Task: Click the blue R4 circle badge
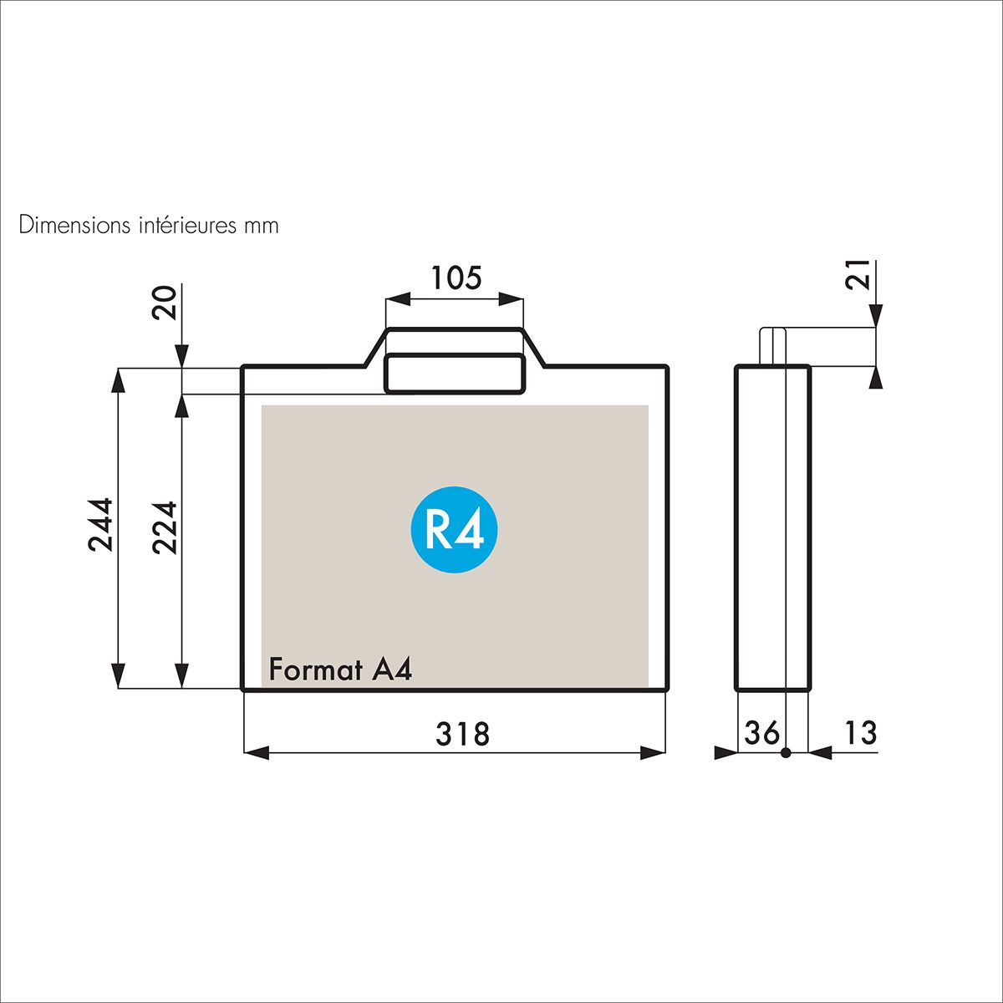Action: click(x=454, y=529)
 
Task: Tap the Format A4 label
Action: click(x=340, y=670)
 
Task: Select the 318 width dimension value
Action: click(x=463, y=734)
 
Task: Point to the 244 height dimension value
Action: click(x=100, y=525)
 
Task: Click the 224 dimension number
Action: click(x=165, y=527)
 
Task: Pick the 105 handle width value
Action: click(x=456, y=277)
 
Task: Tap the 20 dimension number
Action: click(x=165, y=303)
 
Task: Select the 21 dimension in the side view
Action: click(x=858, y=274)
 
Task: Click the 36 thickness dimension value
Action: click(x=762, y=733)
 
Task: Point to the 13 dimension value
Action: click(x=860, y=733)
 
